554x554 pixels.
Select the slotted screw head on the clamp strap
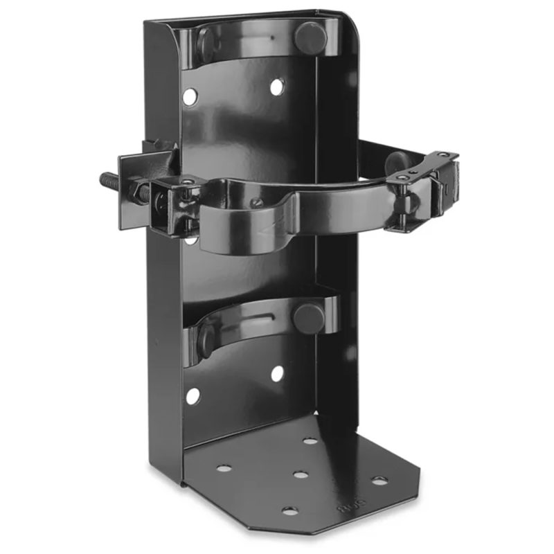(256, 203)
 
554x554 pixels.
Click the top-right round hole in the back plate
(276, 87)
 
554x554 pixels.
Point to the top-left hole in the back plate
(189, 96)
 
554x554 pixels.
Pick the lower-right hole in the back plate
(277, 374)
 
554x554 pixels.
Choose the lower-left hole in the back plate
(193, 396)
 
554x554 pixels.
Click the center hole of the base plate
(300, 475)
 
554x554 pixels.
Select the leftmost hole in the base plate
(224, 469)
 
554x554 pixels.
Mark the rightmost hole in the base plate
(379, 480)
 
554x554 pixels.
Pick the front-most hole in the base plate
(289, 511)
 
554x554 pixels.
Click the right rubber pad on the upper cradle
(310, 36)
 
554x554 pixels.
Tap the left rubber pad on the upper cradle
(206, 45)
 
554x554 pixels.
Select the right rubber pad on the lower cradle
(308, 317)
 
